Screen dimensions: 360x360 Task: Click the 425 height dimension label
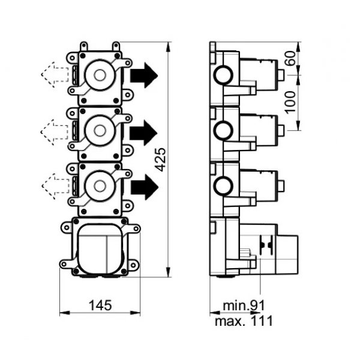click(x=160, y=160)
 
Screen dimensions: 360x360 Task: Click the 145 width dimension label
click(x=100, y=305)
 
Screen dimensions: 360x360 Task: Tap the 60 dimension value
click(x=291, y=58)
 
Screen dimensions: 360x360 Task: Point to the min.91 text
click(x=244, y=305)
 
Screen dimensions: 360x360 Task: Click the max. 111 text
click(x=244, y=321)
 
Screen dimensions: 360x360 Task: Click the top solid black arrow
click(x=144, y=75)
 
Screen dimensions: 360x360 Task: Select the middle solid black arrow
click(x=143, y=133)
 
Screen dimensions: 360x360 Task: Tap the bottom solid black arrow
click(x=145, y=187)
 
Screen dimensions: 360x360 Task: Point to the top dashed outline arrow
click(x=55, y=74)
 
